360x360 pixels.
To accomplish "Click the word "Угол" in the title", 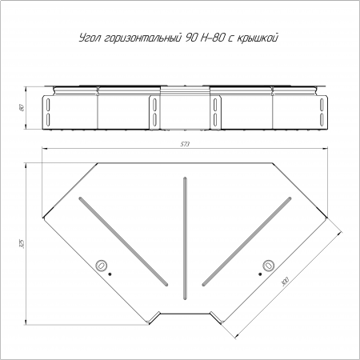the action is point(89,38).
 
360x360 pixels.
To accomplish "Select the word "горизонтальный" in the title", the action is point(141,38).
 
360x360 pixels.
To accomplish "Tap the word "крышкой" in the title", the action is point(258,38).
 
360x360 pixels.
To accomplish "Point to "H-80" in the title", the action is point(211,38).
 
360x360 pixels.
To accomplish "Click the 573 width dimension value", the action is point(185,144).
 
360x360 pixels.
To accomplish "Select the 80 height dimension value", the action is point(22,108).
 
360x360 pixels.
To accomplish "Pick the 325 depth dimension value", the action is point(22,244).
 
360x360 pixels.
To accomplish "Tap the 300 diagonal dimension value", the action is point(285,282).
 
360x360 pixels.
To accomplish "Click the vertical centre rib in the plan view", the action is point(185,238).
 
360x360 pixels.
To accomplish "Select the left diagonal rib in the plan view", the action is point(123,242).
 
